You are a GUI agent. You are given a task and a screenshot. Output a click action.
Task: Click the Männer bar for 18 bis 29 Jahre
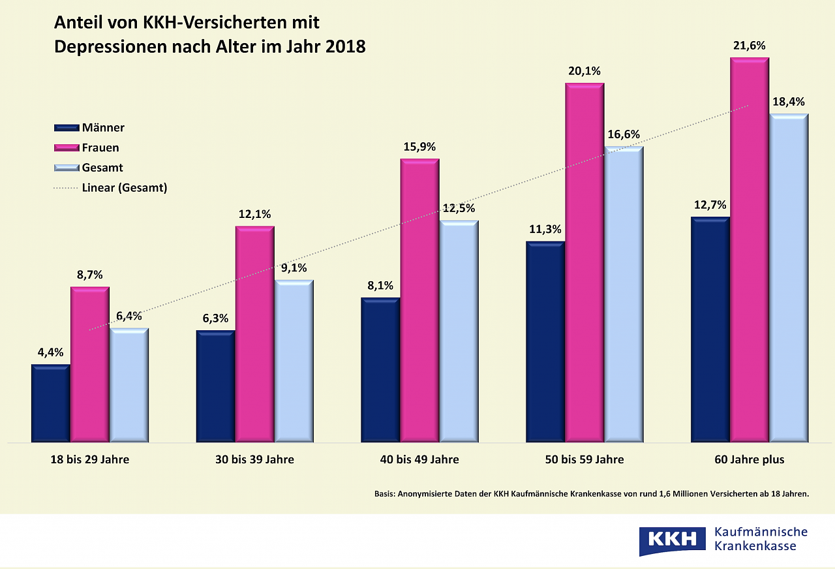pyautogui.click(x=50, y=403)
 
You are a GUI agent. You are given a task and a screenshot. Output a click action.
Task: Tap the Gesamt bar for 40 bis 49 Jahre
pyautogui.click(x=459, y=331)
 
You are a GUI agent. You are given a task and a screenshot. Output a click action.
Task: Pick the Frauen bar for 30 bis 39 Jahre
pyautogui.click(x=255, y=334)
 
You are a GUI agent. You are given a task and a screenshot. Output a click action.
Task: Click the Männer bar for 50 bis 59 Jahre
pyautogui.click(x=545, y=342)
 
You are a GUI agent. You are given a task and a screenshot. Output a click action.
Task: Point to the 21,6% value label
pyautogui.click(x=750, y=46)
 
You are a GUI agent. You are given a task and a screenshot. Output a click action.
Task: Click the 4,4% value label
pyautogui.click(x=50, y=352)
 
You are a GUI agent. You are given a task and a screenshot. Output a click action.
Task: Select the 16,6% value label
pyautogui.click(x=624, y=134)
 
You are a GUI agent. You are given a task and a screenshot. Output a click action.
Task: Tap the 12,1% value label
pyautogui.click(x=254, y=214)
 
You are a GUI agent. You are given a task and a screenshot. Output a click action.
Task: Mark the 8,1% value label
pyautogui.click(x=380, y=286)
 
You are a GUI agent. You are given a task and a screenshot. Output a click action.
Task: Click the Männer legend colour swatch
pyautogui.click(x=66, y=128)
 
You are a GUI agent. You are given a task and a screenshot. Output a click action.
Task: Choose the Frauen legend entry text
pyautogui.click(x=100, y=148)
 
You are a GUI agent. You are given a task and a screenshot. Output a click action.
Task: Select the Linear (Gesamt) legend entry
pyautogui.click(x=125, y=188)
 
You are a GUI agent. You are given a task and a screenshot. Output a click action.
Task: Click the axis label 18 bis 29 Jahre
pyautogui.click(x=90, y=459)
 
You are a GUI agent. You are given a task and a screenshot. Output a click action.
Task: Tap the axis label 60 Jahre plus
pyautogui.click(x=750, y=459)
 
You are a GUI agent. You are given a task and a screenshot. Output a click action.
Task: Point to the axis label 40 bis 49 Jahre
pyautogui.click(x=419, y=459)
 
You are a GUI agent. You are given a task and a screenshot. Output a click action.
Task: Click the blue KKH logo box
pyautogui.click(x=672, y=540)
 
